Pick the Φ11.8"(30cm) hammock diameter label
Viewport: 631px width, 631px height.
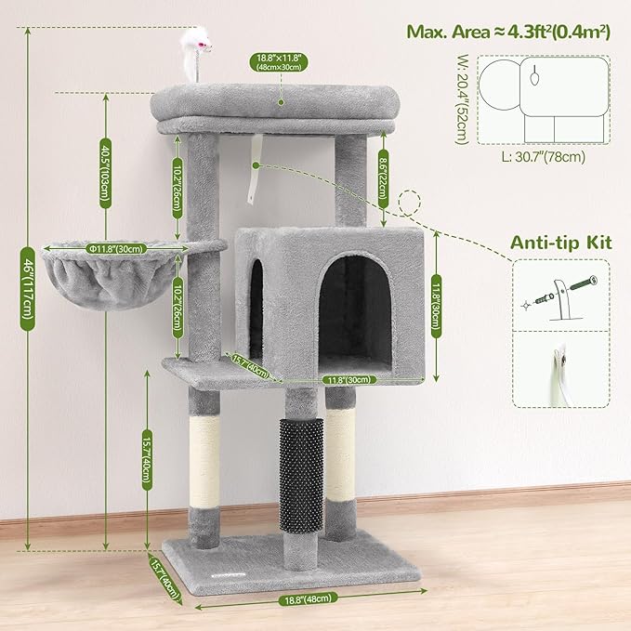(x=116, y=248)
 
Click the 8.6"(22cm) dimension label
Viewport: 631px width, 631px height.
(x=385, y=173)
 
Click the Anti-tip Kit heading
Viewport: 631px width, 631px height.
(x=561, y=243)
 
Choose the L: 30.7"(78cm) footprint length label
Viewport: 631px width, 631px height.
(x=545, y=157)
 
